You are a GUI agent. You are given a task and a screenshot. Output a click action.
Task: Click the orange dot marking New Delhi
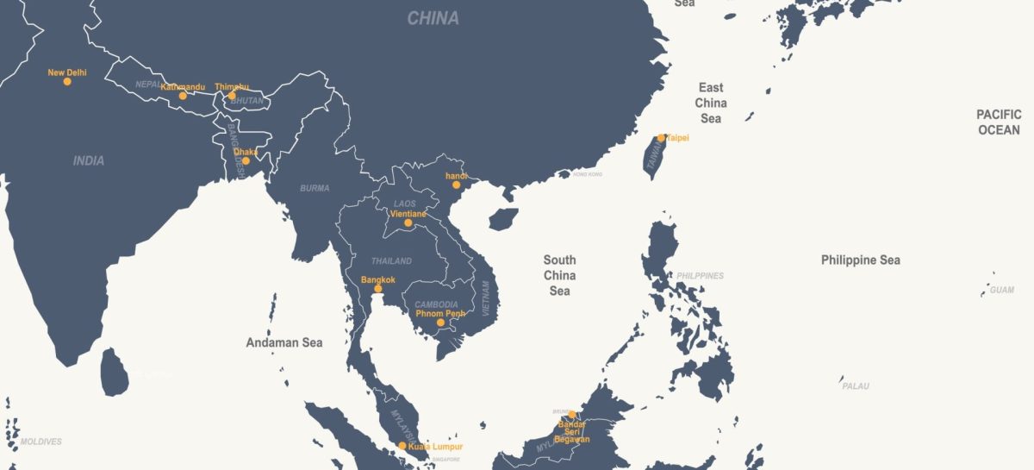[67, 82]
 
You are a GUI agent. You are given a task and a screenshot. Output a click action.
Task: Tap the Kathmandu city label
[183, 87]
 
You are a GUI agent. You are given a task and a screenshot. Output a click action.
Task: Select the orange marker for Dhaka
[246, 160]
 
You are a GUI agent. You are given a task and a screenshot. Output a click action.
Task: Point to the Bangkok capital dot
[377, 289]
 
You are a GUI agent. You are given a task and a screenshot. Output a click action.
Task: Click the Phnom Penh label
[440, 313]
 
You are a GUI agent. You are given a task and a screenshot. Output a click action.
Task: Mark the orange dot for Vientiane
[408, 222]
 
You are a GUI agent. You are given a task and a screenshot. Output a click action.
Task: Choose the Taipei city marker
[661, 138]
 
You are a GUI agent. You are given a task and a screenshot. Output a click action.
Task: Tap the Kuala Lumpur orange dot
[402, 446]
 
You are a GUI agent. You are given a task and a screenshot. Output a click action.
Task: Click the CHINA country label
[433, 18]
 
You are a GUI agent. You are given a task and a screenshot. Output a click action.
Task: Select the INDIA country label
[89, 160]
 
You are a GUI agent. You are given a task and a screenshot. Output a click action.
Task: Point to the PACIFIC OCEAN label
[999, 122]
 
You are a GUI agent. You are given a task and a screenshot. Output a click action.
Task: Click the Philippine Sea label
[860, 260]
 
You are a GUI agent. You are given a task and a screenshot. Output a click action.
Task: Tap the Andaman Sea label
[284, 342]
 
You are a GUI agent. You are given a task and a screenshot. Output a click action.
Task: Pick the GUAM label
[1001, 290]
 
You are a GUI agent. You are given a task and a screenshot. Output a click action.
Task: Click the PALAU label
[856, 385]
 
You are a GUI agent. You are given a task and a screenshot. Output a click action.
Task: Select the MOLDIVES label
[41, 442]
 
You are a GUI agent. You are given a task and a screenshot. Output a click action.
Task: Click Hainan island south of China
[503, 218]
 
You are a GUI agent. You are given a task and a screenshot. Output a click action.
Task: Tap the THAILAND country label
[391, 260]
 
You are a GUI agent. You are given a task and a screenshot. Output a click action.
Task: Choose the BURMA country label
[315, 188]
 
